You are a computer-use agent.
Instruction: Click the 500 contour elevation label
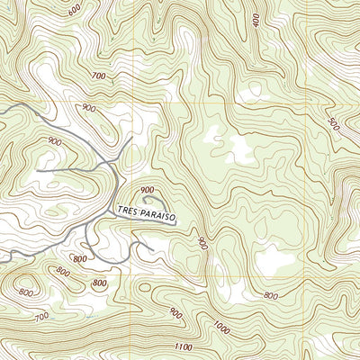pyautogui.click(x=332, y=122)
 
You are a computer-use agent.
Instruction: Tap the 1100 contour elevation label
pyautogui.click(x=184, y=347)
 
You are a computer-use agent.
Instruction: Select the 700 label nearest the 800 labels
pyautogui.click(x=40, y=317)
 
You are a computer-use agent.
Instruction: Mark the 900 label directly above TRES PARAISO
pyautogui.click(x=147, y=190)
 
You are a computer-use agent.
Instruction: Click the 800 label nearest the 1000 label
pyautogui.click(x=270, y=295)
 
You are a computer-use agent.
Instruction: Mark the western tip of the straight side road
pyautogui.click(x=38, y=169)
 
